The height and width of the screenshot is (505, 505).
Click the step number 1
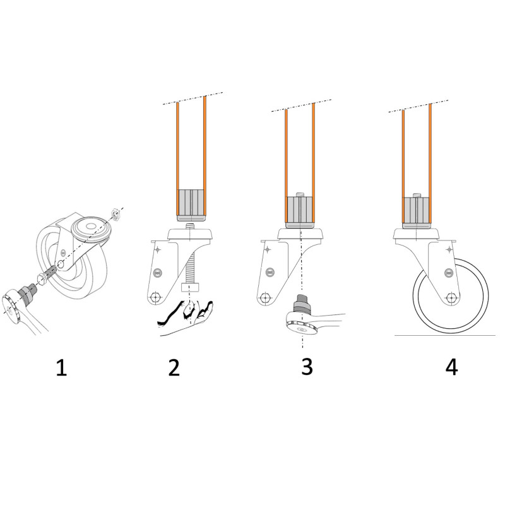pos(61,367)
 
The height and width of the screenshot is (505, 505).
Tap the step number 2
pos(174,367)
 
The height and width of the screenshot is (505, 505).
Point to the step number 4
pos(451,367)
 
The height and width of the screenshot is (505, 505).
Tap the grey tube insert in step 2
pos(191,205)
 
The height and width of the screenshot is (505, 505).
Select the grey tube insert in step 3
pos(300,210)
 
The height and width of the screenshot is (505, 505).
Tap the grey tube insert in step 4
pos(417,211)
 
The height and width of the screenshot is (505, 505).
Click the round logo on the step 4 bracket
pos(449,273)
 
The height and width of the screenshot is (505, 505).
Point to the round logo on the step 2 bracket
pos(158,271)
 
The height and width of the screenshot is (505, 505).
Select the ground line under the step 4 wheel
pos(445,335)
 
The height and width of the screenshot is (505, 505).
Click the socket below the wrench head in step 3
pos(301,302)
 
